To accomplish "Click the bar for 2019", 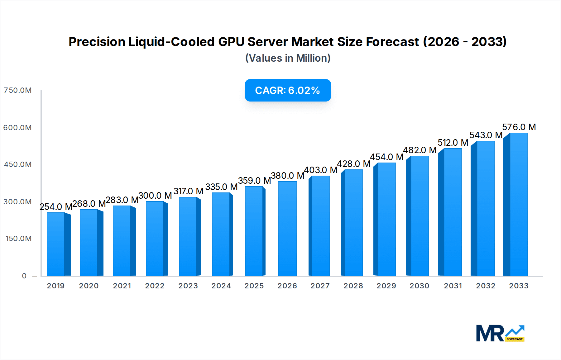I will (56, 244).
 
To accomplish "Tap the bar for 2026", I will (287, 229).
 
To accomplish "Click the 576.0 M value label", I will (519, 127).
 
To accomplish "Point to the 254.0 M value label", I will (56, 207).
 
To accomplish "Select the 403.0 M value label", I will (320, 170).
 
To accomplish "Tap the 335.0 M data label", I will (221, 187).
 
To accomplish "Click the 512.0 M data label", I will (453, 143).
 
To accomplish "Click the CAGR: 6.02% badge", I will (288, 90).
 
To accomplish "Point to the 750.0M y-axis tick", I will (17, 90).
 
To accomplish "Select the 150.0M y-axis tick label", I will (18, 239).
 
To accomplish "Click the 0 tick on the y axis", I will (24, 276).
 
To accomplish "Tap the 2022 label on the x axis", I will (155, 286).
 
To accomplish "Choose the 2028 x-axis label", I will (353, 286).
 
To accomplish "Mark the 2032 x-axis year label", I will (485, 286).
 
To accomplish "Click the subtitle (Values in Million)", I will (288, 58).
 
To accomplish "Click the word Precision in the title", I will (97, 42).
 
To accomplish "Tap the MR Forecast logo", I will (500, 333).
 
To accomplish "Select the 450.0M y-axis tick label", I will (17, 164).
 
